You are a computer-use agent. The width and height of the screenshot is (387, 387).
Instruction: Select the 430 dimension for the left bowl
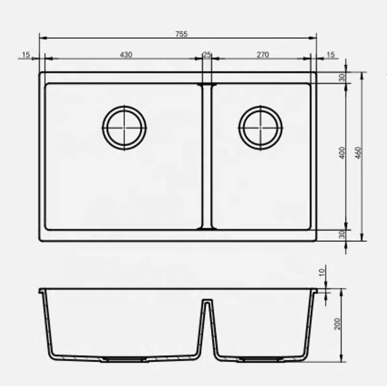(x=126, y=55)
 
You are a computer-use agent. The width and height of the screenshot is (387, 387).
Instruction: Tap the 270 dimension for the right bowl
(x=262, y=55)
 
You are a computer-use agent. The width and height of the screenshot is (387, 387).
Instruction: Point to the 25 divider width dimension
(x=207, y=55)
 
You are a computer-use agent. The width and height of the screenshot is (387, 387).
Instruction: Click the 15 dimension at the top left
(x=26, y=55)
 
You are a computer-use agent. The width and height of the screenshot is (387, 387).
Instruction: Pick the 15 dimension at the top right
(x=330, y=55)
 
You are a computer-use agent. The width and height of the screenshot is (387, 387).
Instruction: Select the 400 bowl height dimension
(x=342, y=154)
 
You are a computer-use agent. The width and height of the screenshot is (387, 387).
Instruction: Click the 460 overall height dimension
(x=358, y=154)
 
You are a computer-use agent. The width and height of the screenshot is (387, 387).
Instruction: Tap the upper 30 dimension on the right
(x=342, y=78)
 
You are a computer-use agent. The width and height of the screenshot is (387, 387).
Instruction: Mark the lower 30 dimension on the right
(x=342, y=235)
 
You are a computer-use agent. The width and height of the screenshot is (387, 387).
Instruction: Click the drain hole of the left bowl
(x=124, y=127)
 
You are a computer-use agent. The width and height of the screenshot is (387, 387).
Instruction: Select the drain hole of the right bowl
(x=261, y=127)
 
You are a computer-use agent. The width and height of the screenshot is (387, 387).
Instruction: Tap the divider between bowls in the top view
(x=207, y=155)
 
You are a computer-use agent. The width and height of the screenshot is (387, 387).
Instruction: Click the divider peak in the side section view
(x=208, y=302)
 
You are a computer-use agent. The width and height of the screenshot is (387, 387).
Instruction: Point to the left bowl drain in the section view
(x=124, y=360)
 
